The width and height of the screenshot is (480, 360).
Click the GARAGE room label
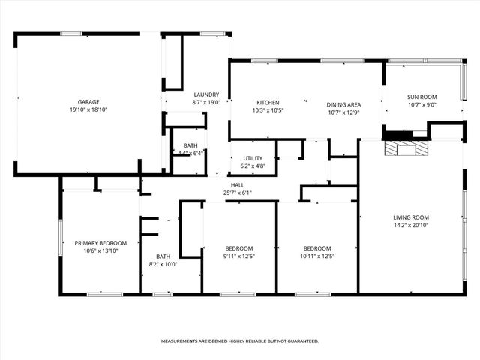pos(88,102)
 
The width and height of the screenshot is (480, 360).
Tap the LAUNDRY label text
pos(206,94)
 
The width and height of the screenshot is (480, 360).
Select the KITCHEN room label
pos(268,102)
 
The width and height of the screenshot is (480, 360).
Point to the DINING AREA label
pos(343,104)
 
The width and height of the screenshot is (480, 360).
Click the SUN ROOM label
pos(421,97)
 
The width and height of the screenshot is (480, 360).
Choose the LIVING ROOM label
pos(411,217)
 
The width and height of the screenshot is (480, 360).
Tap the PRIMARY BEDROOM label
pos(100,242)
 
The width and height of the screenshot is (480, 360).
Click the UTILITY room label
pos(252,158)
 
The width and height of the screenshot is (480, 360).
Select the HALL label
pos(237,184)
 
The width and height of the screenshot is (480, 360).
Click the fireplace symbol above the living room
pos(405,148)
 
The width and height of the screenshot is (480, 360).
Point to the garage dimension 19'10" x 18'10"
pos(88,109)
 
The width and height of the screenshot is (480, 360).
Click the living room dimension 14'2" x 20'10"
pos(411,225)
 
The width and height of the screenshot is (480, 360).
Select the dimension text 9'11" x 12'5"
pos(239,256)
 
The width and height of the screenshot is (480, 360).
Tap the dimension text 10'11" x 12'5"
pos(317,256)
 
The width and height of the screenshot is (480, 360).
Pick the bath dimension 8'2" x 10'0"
pos(163,263)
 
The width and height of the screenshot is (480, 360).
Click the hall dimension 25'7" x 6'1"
pos(237,192)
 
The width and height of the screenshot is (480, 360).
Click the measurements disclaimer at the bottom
pos(240,340)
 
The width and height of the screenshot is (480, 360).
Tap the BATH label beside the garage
pos(190,145)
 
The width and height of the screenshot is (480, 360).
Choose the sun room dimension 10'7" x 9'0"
pos(421,104)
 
